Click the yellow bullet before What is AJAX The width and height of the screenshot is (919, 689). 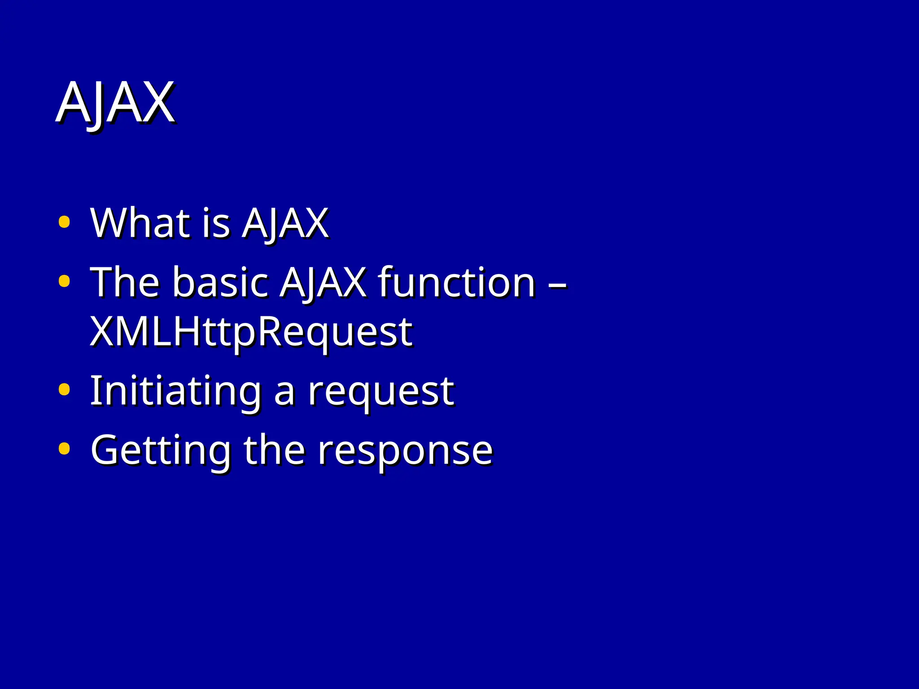point(64,222)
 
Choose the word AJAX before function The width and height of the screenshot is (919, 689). point(323,283)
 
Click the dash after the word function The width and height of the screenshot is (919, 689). point(558,284)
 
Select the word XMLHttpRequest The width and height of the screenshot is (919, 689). point(251,333)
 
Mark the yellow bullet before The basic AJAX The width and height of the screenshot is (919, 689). point(64,281)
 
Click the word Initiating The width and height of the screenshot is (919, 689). point(175,391)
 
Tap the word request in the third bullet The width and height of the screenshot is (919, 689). point(381,393)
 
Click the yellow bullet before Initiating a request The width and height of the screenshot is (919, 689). point(64,389)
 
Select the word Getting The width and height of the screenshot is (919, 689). point(161,450)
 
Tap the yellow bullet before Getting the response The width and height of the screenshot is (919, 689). point(64,449)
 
